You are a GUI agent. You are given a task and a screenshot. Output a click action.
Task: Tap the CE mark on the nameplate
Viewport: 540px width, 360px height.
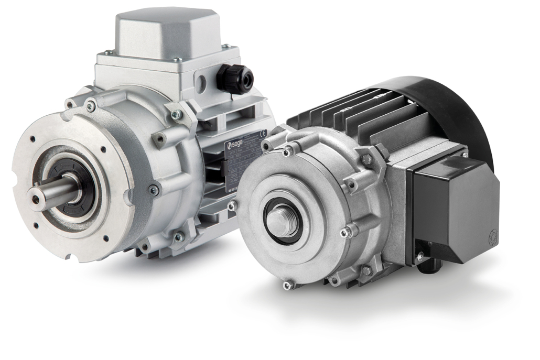pos(264,133)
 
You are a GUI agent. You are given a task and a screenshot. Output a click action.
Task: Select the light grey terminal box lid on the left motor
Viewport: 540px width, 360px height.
pos(167,31)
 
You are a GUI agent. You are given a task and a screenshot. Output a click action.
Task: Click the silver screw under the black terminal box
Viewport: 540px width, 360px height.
pos(420,256)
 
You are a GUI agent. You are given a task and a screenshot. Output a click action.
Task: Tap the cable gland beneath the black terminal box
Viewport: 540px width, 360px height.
pos(427,267)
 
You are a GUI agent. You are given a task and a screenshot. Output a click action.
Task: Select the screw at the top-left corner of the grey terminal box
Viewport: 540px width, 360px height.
pos(107,52)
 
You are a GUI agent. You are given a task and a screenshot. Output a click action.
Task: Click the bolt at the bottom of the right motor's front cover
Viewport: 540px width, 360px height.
pos(287,285)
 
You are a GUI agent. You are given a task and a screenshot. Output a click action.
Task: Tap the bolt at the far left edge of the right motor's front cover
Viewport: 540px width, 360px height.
pos(232,205)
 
